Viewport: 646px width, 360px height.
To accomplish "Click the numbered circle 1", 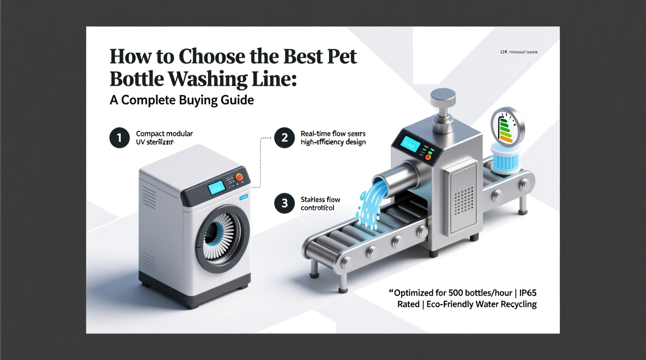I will (x=119, y=138).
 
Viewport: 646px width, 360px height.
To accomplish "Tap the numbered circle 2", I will (x=284, y=138).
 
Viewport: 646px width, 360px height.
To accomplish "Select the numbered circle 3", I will (x=284, y=203).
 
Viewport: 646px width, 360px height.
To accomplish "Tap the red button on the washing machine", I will (x=240, y=177).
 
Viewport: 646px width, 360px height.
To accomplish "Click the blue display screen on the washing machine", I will (x=217, y=188).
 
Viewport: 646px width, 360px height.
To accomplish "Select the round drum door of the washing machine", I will (x=222, y=237).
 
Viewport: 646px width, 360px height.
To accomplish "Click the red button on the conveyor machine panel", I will (x=428, y=157).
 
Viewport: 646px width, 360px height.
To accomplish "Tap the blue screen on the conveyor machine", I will (x=410, y=144).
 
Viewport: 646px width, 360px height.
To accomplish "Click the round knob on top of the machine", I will (x=443, y=97).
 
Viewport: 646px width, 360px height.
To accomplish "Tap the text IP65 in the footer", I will (x=528, y=292).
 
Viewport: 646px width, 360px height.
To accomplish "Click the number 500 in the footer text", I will (x=458, y=292).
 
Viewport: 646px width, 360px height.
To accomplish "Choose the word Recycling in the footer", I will (x=519, y=304).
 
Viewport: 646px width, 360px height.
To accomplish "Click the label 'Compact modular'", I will (x=164, y=133).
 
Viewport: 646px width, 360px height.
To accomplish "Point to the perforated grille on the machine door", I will (x=464, y=200).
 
